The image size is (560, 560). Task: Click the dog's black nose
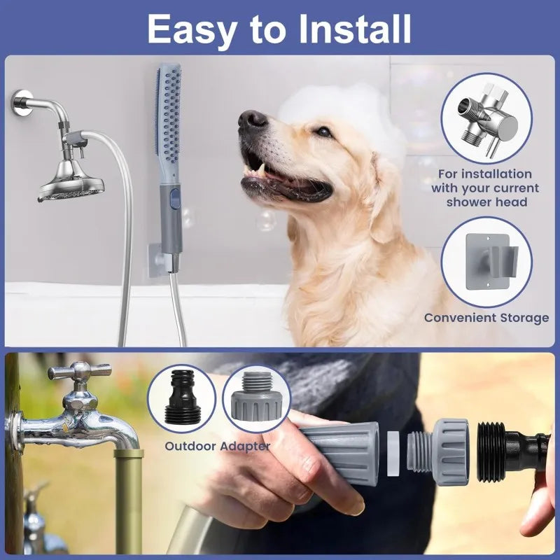(252, 120)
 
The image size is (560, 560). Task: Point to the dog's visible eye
(323, 131)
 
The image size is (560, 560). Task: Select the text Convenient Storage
(486, 318)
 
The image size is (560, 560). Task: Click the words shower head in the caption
(486, 202)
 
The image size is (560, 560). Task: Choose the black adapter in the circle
(181, 398)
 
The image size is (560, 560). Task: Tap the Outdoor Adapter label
(217, 446)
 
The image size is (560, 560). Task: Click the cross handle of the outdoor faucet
(79, 371)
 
